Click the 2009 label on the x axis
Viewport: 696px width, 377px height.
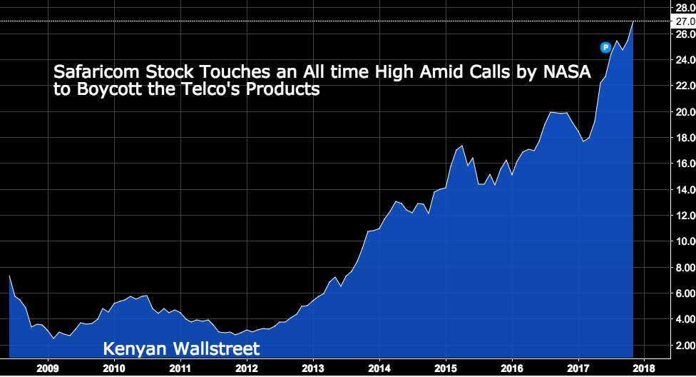[48, 368]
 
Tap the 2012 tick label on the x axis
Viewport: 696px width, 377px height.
[247, 368]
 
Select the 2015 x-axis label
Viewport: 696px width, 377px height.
[446, 368]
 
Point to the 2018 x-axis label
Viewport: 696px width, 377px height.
[644, 368]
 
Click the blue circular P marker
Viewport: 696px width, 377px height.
[605, 47]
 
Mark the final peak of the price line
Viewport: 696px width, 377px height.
[633, 22]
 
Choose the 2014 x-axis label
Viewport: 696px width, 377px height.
[379, 368]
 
